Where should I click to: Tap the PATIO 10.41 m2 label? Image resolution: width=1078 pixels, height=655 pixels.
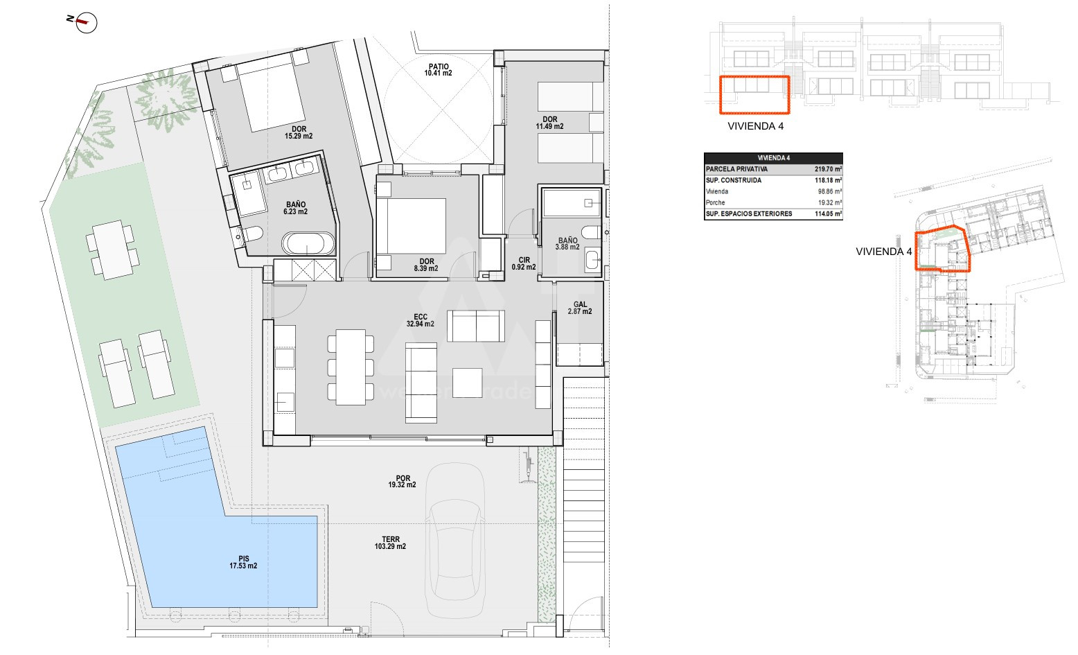point(439,70)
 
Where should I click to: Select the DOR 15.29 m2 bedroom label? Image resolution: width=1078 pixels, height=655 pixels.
point(299,132)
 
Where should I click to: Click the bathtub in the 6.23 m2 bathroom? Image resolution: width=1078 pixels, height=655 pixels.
point(308,243)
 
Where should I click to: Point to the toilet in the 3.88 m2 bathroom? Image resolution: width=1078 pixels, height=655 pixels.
point(591,232)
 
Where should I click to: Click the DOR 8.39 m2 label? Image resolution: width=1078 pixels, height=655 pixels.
point(426,265)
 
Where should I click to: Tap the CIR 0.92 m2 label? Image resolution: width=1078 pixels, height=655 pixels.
point(524,263)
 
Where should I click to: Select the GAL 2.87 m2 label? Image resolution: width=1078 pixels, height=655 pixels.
point(580,308)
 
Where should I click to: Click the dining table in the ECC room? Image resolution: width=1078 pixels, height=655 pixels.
point(351,367)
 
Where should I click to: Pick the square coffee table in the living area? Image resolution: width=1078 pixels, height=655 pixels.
point(467,383)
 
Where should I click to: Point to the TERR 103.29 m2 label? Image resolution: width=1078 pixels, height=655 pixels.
point(390,543)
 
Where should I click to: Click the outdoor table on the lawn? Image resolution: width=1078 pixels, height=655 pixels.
point(113,250)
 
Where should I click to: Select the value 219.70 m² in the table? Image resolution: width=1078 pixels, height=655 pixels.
point(828,169)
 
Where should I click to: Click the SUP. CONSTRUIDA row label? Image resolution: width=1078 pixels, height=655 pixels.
point(734,180)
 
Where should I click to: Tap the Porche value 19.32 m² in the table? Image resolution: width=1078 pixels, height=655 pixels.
point(830,203)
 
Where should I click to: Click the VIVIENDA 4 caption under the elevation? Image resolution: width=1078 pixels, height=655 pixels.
point(756,126)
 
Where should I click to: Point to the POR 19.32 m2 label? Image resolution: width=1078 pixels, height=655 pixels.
point(403,482)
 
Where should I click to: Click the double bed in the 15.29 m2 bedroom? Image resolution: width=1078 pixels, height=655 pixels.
point(272,96)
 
